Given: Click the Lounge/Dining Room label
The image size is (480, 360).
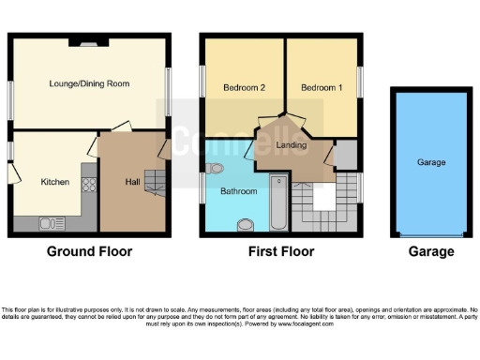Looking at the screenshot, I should point(89,83).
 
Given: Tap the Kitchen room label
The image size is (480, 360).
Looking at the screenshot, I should point(54,181).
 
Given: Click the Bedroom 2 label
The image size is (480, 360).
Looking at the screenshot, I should point(244,88).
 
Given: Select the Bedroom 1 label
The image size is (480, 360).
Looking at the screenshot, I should point(322,88).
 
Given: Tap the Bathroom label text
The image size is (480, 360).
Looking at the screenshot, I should point(239,191).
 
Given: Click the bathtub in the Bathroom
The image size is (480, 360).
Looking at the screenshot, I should point(278,201).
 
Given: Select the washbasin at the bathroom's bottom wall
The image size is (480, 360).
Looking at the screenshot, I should point(246,224).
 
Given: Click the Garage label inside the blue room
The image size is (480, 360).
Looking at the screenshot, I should point(430,162).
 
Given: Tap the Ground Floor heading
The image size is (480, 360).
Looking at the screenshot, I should point(90,251).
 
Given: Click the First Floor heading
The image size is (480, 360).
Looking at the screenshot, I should point(280,251).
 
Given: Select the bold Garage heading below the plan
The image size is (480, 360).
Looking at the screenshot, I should point(430,251).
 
